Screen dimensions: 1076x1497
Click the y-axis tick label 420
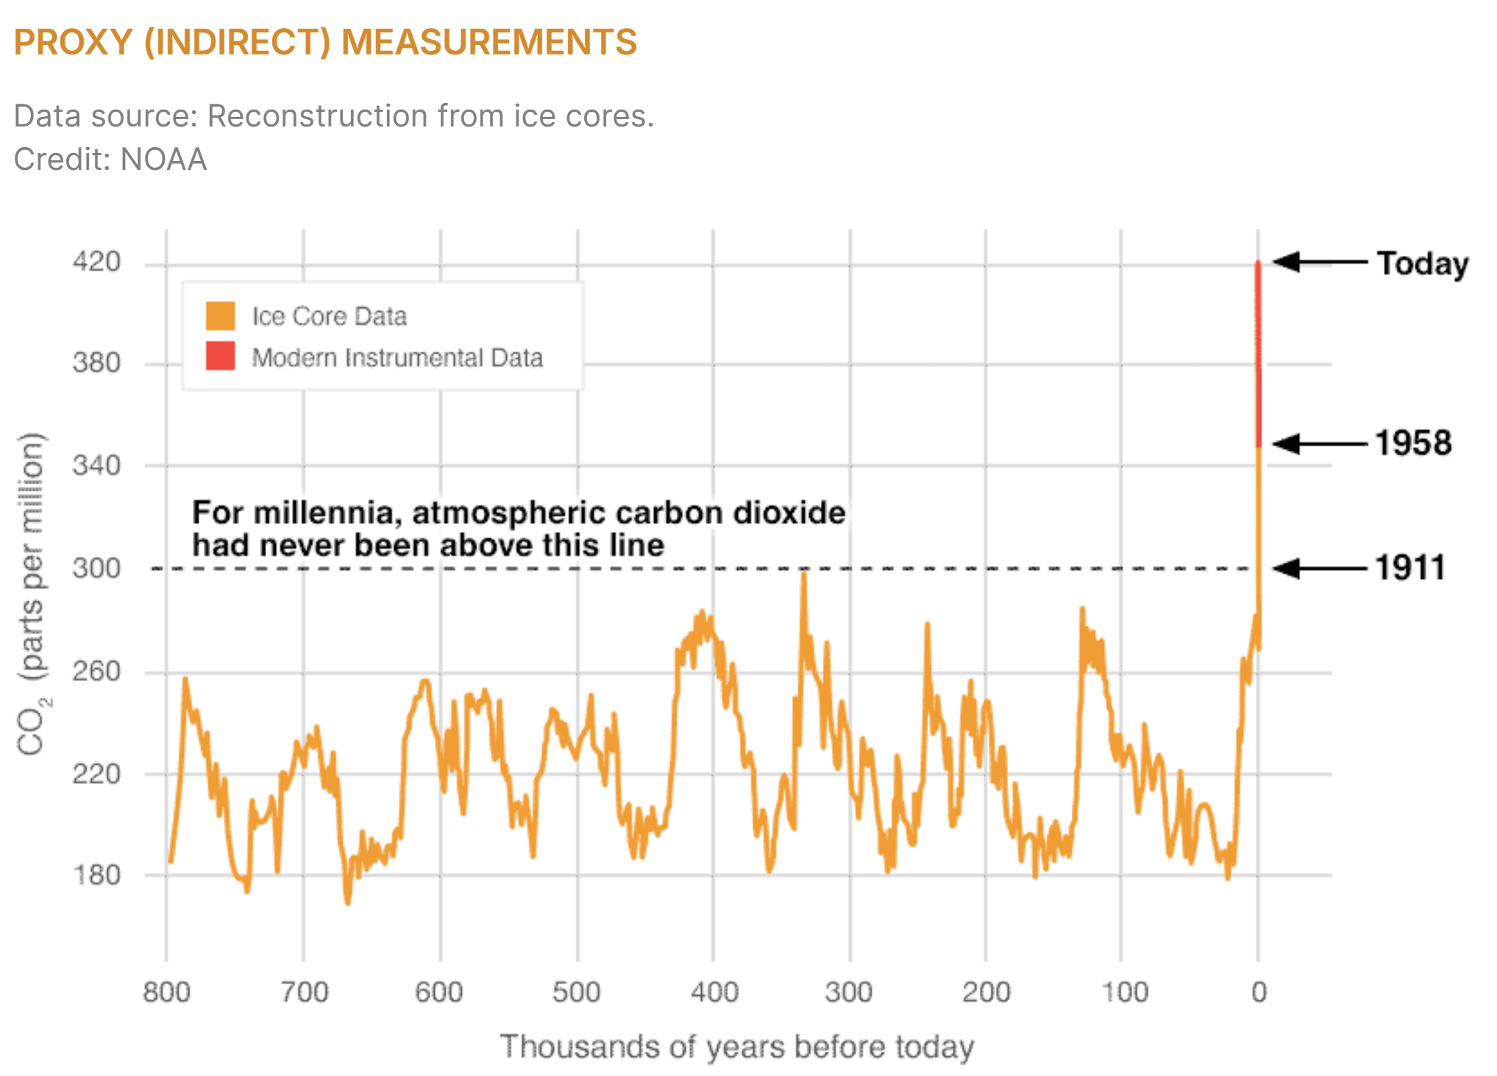coord(96,262)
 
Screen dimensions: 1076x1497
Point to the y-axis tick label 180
coord(96,875)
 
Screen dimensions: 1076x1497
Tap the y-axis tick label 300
coord(96,568)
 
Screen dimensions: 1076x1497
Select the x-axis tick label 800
coord(166,992)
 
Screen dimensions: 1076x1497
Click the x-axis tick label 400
coord(714,992)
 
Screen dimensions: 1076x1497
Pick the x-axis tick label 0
coord(1259,992)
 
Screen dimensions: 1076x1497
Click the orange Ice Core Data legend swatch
coord(220,316)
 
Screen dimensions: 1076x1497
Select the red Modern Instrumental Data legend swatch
coord(220,356)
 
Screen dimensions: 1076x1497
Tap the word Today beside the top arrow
coord(1423,263)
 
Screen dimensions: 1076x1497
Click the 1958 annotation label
coord(1413,443)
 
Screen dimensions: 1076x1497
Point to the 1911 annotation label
coord(1410,568)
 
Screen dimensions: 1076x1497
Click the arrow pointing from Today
coord(1319,262)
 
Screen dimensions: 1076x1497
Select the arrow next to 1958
coord(1319,443)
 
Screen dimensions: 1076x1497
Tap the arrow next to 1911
coord(1319,568)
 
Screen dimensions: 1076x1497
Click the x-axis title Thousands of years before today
coord(736,1047)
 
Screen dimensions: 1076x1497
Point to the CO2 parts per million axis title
coord(32,594)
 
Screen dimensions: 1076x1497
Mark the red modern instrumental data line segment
coord(1258,353)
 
